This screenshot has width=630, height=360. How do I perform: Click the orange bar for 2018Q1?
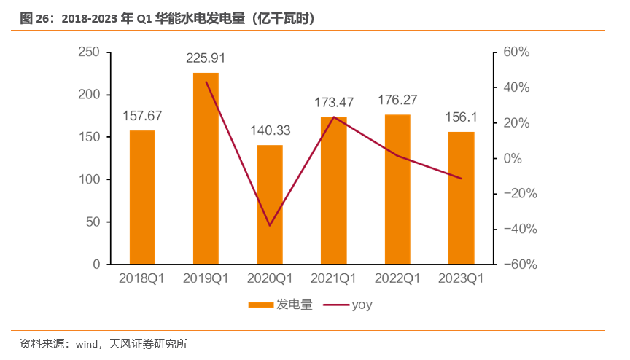click(142, 197)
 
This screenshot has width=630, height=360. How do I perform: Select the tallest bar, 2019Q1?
click(206, 168)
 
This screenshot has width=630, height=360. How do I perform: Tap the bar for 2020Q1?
click(270, 204)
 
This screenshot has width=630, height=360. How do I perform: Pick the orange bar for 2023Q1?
click(461, 197)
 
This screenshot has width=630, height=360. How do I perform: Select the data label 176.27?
click(397, 100)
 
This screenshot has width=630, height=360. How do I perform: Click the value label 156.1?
click(461, 117)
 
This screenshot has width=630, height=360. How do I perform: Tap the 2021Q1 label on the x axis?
click(333, 278)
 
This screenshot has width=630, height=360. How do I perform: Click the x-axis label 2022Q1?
click(397, 278)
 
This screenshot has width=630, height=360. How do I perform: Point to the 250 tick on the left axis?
click(88, 52)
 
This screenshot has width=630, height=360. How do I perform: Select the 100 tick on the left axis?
click(88, 179)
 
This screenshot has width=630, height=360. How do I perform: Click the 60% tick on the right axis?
click(515, 52)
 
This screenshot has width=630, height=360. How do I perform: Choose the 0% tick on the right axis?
click(513, 158)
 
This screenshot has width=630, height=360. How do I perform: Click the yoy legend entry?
click(362, 305)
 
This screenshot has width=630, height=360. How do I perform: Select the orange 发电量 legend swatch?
click(260, 305)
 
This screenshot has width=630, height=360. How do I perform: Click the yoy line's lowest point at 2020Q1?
click(270, 225)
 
